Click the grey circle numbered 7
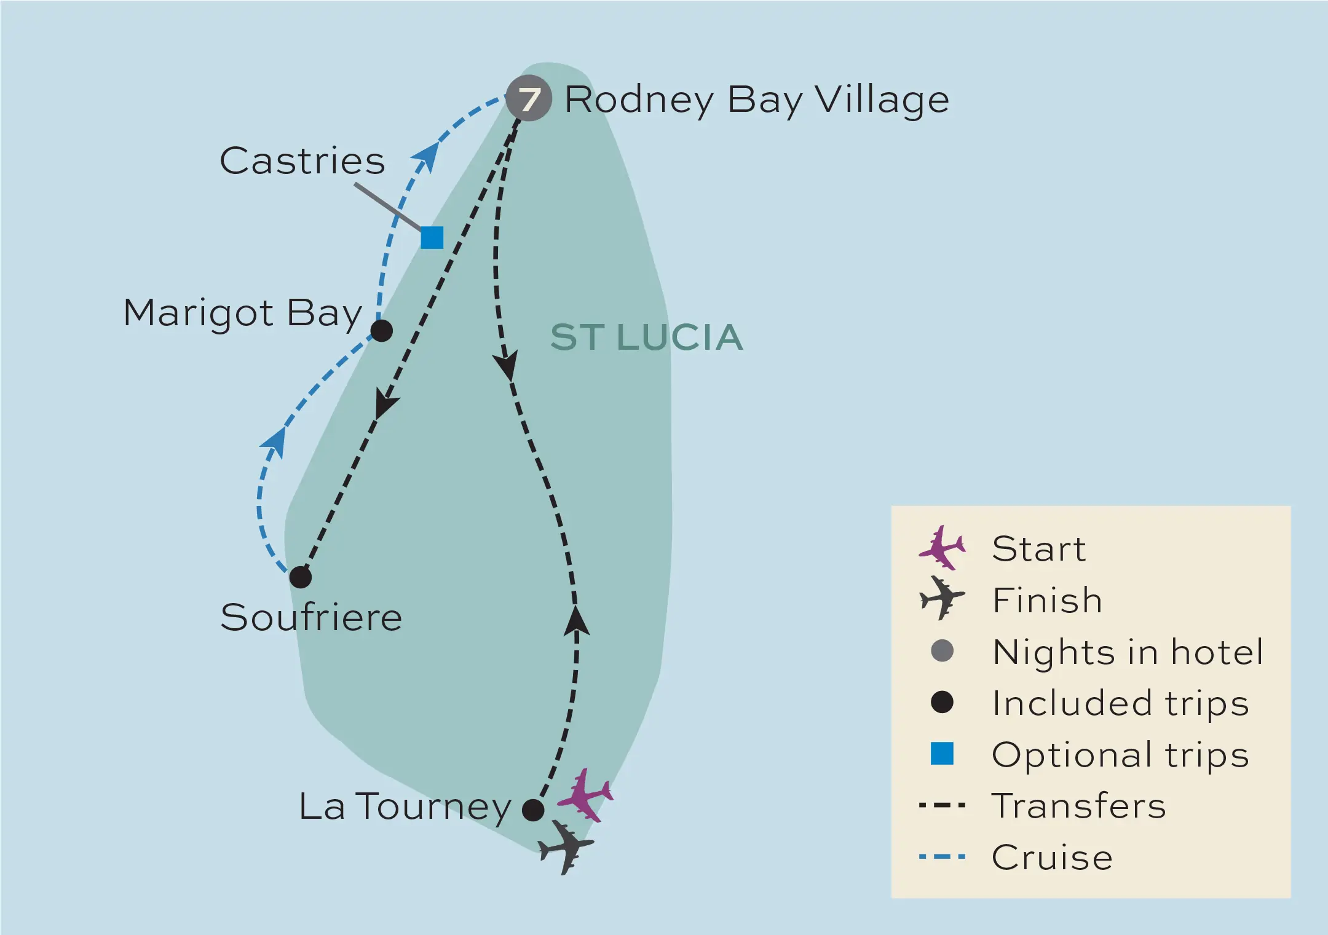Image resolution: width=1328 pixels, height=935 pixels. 528,98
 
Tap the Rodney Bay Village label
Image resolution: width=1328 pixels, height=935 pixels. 756,100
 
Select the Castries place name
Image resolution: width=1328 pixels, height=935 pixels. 302,161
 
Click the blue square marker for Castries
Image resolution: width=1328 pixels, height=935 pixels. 432,237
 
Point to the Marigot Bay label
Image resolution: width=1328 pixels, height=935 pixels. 243,313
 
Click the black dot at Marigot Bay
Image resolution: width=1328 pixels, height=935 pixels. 381,331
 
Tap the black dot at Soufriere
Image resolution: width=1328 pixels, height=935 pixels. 300,577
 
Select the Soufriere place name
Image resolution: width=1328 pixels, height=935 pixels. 311,617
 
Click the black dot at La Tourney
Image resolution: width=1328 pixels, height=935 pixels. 532,810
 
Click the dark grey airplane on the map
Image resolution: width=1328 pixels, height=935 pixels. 566,847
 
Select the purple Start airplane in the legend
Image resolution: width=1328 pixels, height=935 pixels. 942,547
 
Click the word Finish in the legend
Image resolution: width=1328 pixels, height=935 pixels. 1047,600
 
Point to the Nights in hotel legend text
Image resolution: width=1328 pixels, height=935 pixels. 1128,652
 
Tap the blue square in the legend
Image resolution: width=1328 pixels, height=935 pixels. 942,754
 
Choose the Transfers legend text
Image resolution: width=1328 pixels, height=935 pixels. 1079,805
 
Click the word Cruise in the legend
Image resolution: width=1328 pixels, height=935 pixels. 1052,857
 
